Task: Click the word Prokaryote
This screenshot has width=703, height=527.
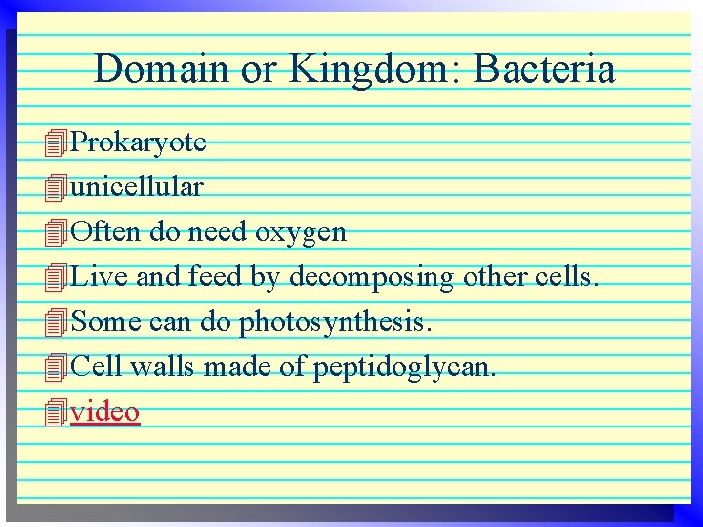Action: (139, 143)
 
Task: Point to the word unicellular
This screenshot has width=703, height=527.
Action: (138, 187)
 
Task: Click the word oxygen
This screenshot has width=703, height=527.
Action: (301, 233)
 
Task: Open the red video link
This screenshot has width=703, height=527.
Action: (105, 412)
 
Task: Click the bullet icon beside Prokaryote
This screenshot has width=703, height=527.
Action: (57, 144)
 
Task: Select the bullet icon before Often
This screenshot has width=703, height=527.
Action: (57, 233)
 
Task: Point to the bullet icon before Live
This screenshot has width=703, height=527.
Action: (57, 278)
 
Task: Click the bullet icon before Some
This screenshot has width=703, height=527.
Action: (57, 322)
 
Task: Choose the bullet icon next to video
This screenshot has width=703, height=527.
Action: (57, 413)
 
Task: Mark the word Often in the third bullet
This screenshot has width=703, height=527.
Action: (107, 232)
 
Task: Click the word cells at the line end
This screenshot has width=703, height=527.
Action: (565, 277)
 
